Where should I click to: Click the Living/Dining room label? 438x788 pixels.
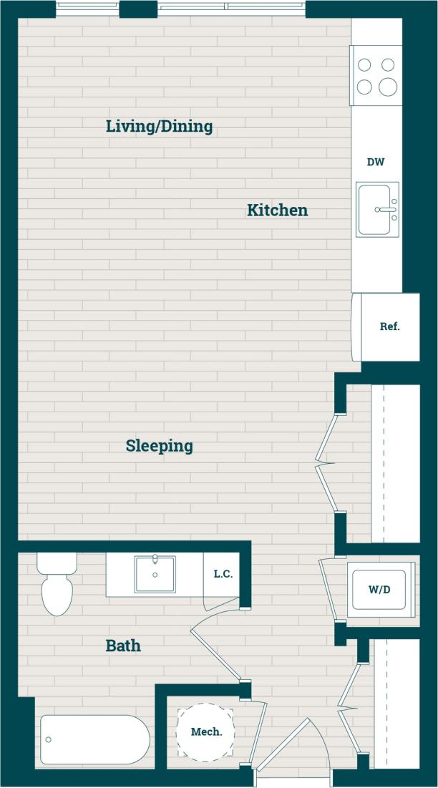159,127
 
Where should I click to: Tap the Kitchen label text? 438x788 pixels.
277,210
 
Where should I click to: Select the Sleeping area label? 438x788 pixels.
159,446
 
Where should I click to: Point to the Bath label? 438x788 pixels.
123,646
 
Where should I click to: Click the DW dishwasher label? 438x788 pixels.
376,162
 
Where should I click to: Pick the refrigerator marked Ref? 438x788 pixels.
389,327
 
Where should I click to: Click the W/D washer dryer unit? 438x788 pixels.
381,590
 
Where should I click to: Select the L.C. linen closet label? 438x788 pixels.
223,574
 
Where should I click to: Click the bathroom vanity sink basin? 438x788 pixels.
155,574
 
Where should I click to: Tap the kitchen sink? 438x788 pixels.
377,209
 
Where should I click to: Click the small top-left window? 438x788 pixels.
87,9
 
